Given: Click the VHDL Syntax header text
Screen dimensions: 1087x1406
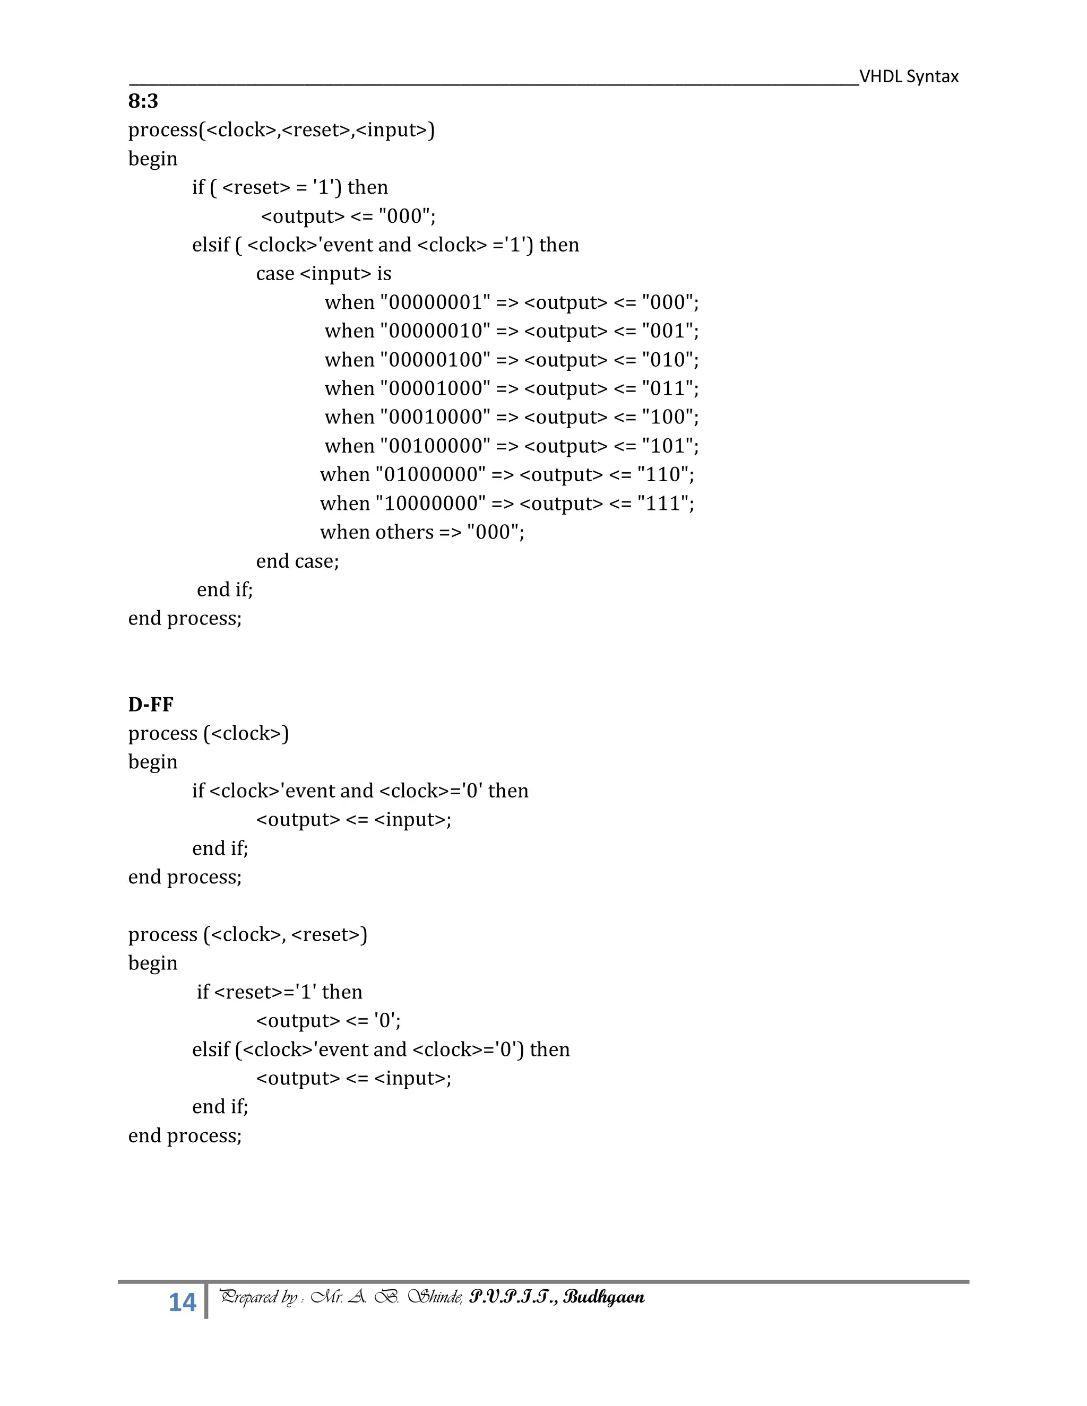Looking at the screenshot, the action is [x=909, y=76].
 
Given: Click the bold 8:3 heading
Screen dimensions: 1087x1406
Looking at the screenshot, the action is [x=143, y=101].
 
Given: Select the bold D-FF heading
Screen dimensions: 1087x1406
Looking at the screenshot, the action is [x=151, y=705].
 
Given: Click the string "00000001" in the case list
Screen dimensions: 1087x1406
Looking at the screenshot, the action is [x=435, y=302].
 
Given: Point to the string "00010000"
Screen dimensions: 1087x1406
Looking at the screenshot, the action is [x=435, y=417].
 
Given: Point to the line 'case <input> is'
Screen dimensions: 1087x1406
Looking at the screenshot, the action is [x=323, y=274].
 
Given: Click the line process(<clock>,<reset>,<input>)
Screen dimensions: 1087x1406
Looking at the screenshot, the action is [x=281, y=130].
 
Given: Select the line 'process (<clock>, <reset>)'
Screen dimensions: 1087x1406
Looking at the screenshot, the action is [x=247, y=935].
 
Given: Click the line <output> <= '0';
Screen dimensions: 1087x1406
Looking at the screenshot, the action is [x=329, y=1021].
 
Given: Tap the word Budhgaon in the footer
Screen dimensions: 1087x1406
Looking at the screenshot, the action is [x=604, y=1298].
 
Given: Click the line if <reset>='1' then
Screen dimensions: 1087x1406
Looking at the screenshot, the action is [x=280, y=992].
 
